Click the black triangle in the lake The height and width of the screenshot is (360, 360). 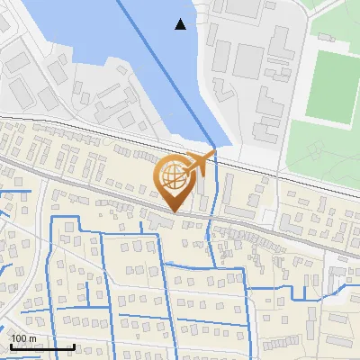(181, 24)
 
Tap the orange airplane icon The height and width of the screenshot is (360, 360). (201, 163)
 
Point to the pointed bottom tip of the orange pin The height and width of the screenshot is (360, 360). (173, 212)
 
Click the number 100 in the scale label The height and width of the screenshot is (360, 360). (20, 338)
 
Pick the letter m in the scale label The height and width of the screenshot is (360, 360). (32, 338)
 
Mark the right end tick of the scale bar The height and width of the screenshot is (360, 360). (73, 346)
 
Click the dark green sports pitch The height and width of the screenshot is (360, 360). (332, 86)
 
